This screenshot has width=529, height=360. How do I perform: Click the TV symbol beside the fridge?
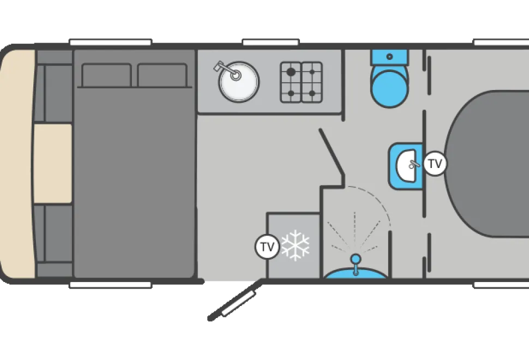point(267,247)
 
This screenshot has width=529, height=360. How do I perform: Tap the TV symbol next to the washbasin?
point(435,164)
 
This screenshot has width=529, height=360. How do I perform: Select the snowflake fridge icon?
point(295,245)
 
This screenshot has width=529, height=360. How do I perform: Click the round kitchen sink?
point(238,82)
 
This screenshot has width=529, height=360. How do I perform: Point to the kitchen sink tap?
point(226,69)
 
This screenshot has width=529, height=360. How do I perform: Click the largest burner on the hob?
point(291,72)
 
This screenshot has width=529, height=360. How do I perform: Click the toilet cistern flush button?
point(390,57)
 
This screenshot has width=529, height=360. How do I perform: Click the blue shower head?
point(355,259)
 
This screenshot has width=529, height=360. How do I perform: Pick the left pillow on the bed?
point(106,75)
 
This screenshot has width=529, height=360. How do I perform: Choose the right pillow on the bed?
point(163,75)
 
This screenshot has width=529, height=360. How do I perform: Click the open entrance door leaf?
point(235,300)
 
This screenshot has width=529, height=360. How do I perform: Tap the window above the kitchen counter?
point(271,42)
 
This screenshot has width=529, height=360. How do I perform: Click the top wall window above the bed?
point(111,42)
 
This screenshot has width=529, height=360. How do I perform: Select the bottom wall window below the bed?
point(111,285)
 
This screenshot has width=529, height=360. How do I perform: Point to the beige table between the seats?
point(53,164)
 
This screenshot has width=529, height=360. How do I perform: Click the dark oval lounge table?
point(488,164)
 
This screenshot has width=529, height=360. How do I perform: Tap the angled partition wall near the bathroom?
point(332,152)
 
